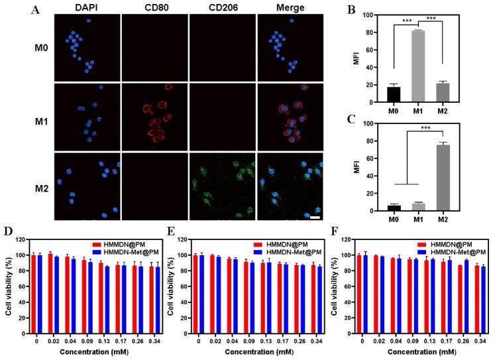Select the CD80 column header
[154, 8]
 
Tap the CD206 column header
[222, 8]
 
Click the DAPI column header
[87, 8]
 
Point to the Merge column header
[289, 8]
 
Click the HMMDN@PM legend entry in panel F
[454, 243]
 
